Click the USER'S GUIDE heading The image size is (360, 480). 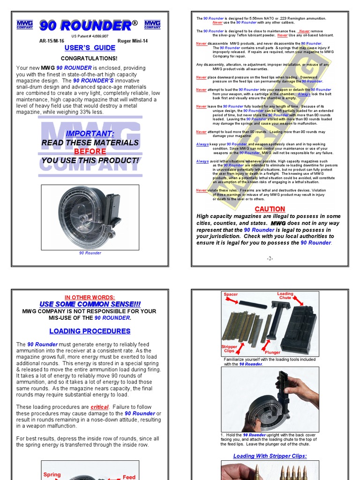pyautogui.click(x=90, y=48)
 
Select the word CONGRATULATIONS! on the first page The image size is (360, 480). pyautogui.click(x=89, y=59)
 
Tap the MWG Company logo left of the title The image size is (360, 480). pyautogui.click(x=25, y=24)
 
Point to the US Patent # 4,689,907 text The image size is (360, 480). pyautogui.click(x=90, y=36)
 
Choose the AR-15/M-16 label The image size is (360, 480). pyautogui.click(x=52, y=41)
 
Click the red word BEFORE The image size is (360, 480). pyautogui.click(x=90, y=151)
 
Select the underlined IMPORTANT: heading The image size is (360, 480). pyautogui.click(x=90, y=134)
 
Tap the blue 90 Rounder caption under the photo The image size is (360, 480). pyautogui.click(x=90, y=253)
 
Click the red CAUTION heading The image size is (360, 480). pyautogui.click(x=270, y=209)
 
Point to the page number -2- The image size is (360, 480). pyautogui.click(x=270, y=258)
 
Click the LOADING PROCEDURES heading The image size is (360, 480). pyautogui.click(x=90, y=331)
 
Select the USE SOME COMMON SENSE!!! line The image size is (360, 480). pyautogui.click(x=90, y=304)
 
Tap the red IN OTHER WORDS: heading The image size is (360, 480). pyautogui.click(x=90, y=297)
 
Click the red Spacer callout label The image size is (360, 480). pyautogui.click(x=231, y=294)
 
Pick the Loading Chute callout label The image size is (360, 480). pyautogui.click(x=285, y=296)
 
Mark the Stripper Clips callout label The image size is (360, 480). pyautogui.click(x=229, y=349)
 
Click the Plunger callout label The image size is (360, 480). pyautogui.click(x=272, y=352)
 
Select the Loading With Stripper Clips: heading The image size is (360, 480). pyautogui.click(x=270, y=456)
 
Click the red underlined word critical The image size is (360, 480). pyautogui.click(x=99, y=407)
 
